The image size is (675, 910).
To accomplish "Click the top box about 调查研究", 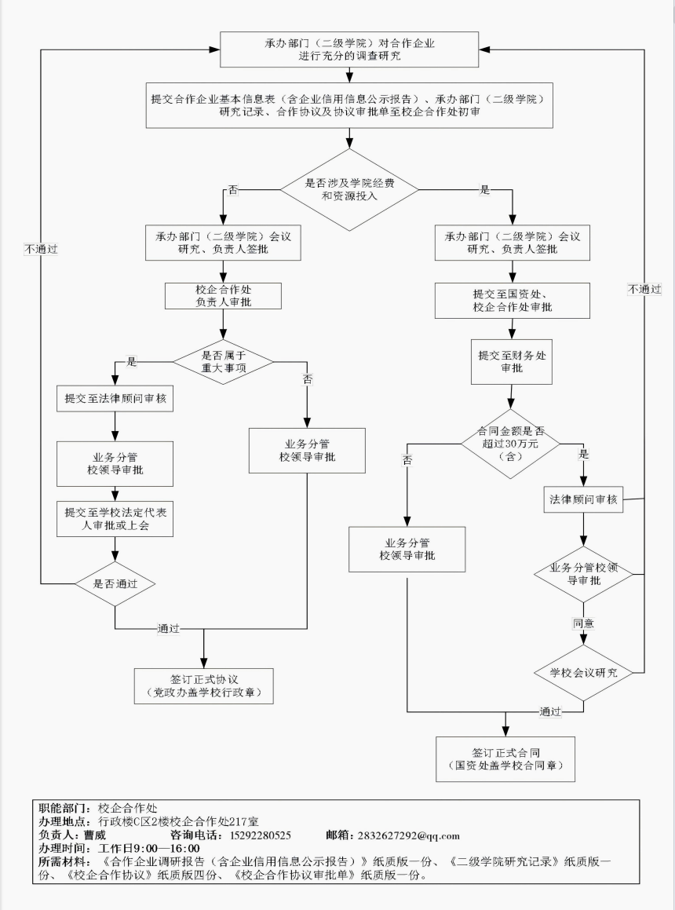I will click(349, 49).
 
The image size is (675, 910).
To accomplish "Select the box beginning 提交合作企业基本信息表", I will click(349, 105).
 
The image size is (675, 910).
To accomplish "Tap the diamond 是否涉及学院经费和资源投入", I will click(349, 189).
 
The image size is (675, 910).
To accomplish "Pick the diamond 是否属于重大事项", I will click(223, 361).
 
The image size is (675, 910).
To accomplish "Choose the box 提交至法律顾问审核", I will click(115, 399).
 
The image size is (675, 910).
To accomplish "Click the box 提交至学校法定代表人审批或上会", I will click(115, 519).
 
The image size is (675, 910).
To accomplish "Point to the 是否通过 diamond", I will click(115, 583).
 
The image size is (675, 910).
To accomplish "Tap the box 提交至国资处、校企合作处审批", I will click(513, 300).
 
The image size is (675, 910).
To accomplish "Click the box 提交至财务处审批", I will click(512, 361).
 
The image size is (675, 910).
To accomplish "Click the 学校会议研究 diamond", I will click(582, 673).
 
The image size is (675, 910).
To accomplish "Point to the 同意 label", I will click(582, 623).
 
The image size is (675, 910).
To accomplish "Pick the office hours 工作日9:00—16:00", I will click(148, 848).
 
